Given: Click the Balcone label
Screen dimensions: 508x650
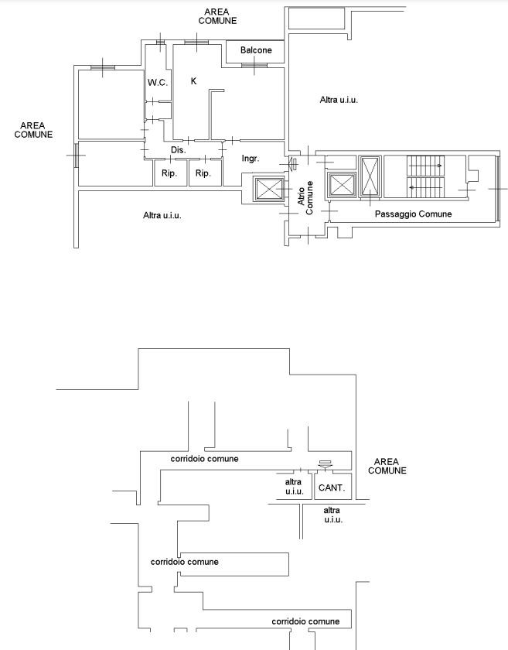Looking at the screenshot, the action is [x=256, y=50].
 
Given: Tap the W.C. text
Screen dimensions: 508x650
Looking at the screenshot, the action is [x=158, y=83].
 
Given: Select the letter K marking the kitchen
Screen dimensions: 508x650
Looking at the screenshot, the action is [x=193, y=80].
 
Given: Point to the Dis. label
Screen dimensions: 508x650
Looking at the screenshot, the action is [x=179, y=149].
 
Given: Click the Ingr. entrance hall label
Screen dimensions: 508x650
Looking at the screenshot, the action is [x=251, y=159].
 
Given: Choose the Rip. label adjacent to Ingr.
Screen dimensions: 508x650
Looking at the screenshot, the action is [x=203, y=173].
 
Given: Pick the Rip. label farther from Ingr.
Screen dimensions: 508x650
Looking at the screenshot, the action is [x=169, y=173].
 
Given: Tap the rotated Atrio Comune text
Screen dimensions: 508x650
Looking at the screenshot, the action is [x=305, y=197].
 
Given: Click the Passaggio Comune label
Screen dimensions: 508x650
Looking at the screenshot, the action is [x=413, y=214].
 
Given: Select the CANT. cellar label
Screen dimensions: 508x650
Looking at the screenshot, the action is [x=332, y=488].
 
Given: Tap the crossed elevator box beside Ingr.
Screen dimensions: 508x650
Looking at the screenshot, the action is [x=269, y=190].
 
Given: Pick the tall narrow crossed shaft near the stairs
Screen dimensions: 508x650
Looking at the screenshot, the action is [x=370, y=176].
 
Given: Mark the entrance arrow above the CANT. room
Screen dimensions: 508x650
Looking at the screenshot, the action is [x=326, y=465].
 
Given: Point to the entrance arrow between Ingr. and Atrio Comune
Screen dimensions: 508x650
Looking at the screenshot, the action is [x=293, y=164].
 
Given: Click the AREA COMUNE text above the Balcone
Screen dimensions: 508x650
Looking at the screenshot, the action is [x=217, y=16].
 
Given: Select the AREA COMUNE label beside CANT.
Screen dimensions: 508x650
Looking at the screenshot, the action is [x=387, y=466].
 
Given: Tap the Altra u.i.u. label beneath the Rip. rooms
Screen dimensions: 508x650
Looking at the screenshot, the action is [x=162, y=216].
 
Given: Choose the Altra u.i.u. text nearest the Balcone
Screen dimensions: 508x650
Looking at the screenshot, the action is [x=339, y=100].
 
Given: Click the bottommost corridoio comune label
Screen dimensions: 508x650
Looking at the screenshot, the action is [x=305, y=621].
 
